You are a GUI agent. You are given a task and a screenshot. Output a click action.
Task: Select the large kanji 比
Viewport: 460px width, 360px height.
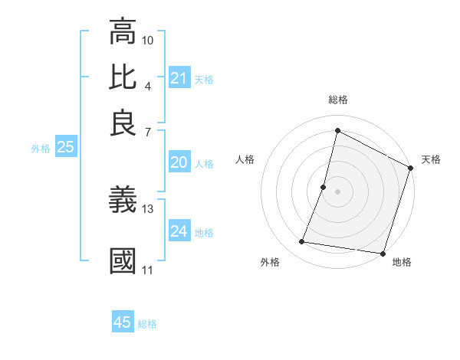click(123, 77)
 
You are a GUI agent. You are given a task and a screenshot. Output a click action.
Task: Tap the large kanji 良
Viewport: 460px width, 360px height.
click(123, 123)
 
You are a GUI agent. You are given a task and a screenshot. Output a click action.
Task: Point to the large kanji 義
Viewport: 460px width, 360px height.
click(123, 201)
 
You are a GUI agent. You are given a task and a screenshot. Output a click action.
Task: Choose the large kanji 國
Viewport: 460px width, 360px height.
click(123, 261)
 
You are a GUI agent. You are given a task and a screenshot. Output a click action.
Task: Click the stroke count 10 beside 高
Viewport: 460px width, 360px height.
click(148, 39)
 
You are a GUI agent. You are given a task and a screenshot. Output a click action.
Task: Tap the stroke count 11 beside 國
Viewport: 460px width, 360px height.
click(148, 270)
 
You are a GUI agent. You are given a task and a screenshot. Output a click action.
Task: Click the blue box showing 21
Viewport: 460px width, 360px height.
click(179, 78)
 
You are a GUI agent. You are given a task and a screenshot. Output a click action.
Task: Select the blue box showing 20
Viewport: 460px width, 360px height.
click(179, 162)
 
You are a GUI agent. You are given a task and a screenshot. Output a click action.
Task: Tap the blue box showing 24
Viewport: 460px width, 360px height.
click(179, 231)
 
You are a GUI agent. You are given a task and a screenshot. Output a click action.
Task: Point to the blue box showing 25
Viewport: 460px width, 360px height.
click(65, 147)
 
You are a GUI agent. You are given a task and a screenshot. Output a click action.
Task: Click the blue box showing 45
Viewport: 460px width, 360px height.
click(123, 322)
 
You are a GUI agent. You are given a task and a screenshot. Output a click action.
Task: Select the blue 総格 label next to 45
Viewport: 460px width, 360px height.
click(147, 324)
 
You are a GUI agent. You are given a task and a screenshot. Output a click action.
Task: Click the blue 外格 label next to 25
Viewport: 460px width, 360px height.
click(40, 149)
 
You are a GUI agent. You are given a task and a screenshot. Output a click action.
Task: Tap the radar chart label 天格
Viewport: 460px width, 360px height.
click(431, 159)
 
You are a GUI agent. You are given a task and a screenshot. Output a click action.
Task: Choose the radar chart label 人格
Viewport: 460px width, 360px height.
click(245, 159)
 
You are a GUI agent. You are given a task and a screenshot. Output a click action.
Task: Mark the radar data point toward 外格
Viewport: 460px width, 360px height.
click(302, 242)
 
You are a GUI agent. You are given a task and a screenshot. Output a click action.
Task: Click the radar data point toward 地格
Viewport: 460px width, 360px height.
click(382, 253)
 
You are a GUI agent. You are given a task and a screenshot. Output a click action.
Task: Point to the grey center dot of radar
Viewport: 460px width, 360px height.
click(337, 191)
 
